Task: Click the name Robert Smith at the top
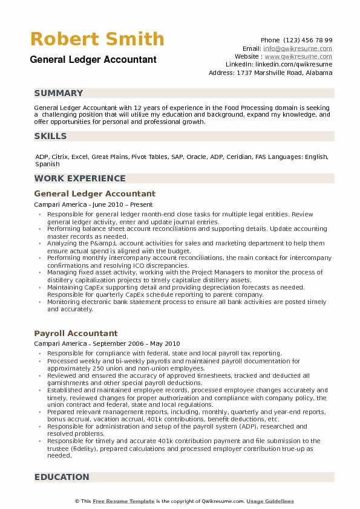pyautogui.click(x=97, y=39)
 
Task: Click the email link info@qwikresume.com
pyautogui.click(x=298, y=48)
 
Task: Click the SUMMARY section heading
pyautogui.click(x=59, y=93)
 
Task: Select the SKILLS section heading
pyautogui.click(x=51, y=136)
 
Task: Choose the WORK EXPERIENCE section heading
pyautogui.click(x=80, y=178)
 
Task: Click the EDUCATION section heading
pyautogui.click(x=62, y=477)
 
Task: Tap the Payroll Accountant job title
pyautogui.click(x=76, y=333)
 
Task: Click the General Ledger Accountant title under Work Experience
pyautogui.click(x=94, y=194)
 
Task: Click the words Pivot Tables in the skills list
pyautogui.click(x=148, y=157)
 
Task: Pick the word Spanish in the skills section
pyautogui.click(x=47, y=164)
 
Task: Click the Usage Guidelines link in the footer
pyautogui.click(x=270, y=501)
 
